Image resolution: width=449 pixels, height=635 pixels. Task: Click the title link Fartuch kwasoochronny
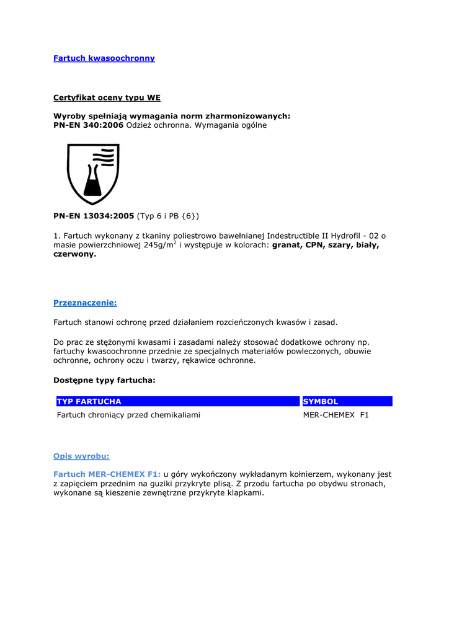(104, 58)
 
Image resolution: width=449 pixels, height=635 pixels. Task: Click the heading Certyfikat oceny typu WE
(107, 97)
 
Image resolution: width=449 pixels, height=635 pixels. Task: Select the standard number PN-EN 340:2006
(89, 125)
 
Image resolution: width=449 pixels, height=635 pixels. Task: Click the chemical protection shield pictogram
(93, 174)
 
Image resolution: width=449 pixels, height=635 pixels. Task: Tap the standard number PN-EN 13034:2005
(94, 216)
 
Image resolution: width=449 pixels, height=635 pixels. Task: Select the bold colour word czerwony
(74, 254)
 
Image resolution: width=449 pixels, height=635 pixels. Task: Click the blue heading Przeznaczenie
(85, 303)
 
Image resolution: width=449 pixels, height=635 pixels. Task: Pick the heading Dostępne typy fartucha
(104, 380)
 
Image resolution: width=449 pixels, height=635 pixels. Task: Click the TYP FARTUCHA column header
(89, 401)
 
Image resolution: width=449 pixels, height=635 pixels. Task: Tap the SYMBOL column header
(321, 401)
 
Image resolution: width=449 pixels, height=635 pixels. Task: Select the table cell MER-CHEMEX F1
(336, 415)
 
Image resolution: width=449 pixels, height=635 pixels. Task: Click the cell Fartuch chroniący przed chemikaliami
(128, 415)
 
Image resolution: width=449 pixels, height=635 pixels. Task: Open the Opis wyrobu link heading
(81, 456)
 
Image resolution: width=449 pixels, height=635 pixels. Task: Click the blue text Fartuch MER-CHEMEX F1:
(107, 474)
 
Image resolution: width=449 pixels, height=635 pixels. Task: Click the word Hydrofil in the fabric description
(349, 236)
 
